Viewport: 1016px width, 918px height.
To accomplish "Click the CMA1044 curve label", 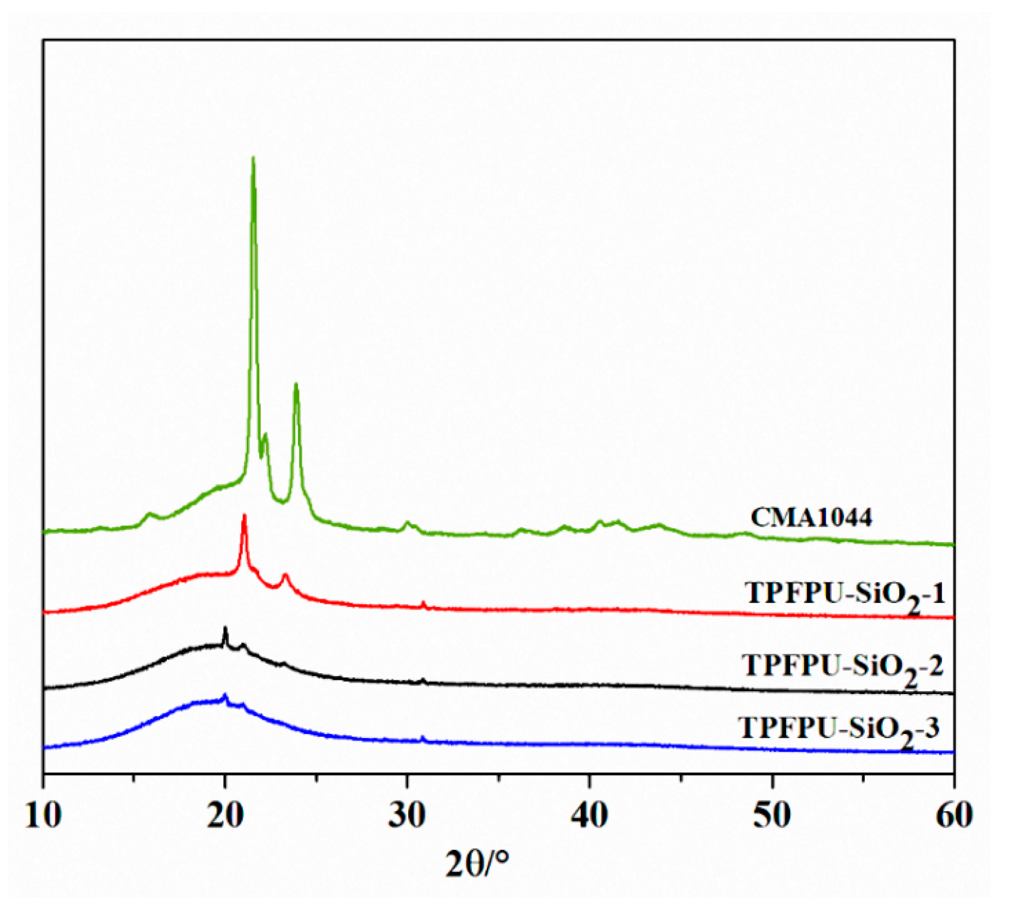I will point(811,517).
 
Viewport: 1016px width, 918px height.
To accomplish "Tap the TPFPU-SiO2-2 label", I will point(842,667).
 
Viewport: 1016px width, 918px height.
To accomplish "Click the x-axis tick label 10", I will point(43,816).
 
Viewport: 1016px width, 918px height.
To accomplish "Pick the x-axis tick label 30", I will point(407,816).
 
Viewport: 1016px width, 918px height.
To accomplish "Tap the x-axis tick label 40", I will point(590,816).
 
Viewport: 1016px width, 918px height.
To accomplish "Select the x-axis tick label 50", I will point(772,816).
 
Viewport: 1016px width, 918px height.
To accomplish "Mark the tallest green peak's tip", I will point(253,159).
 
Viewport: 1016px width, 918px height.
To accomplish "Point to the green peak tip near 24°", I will point(296,385).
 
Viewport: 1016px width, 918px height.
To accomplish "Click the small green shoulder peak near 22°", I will point(266,434).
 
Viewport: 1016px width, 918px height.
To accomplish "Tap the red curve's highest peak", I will point(244,515).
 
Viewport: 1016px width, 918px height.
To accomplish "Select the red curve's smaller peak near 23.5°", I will point(285,575).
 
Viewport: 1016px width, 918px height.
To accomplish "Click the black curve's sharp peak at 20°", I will point(226,627).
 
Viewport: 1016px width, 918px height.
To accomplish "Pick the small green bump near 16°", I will point(149,514).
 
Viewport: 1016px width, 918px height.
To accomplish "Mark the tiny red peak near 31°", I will point(423,603).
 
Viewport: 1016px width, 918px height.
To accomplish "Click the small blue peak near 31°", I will point(423,737).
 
